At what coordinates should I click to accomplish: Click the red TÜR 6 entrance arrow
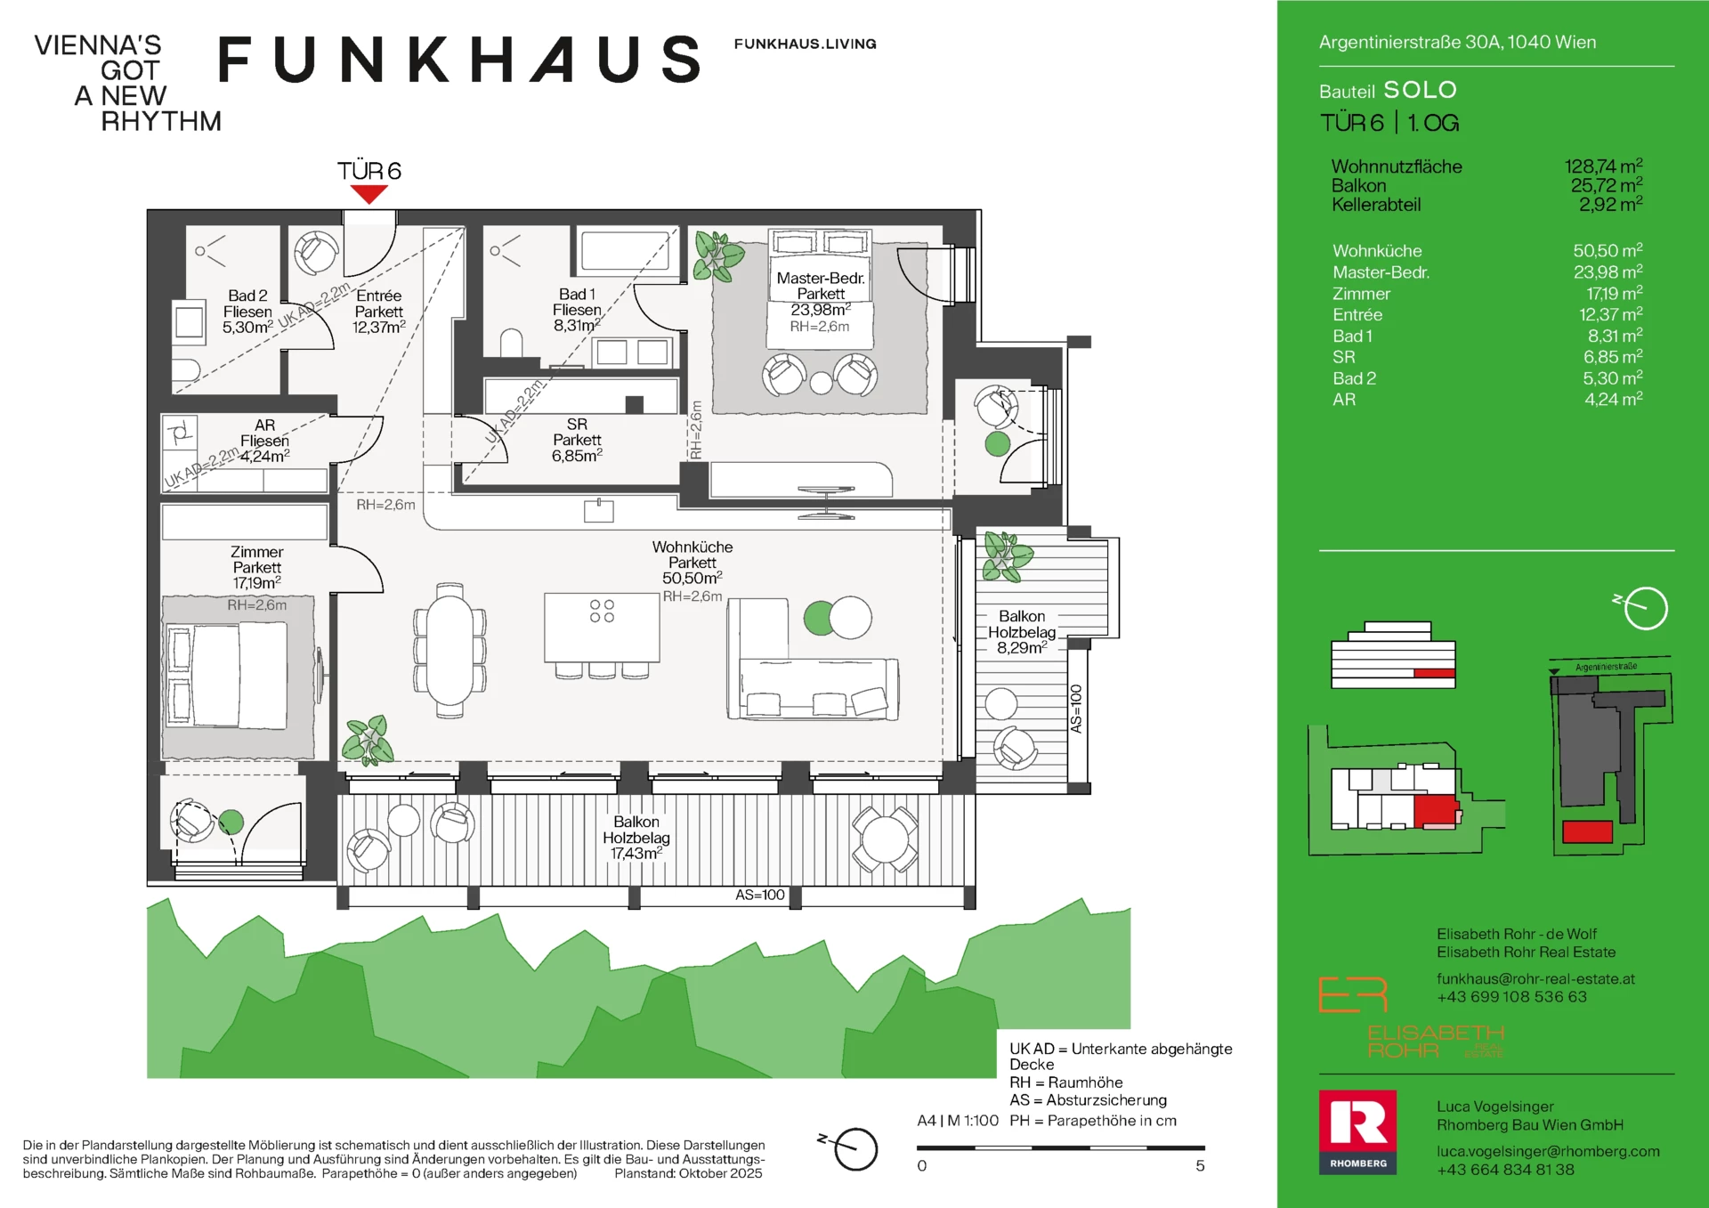pyautogui.click(x=369, y=194)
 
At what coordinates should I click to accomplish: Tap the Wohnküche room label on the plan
pyautogui.click(x=693, y=547)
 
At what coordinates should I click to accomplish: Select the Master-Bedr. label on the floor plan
pyautogui.click(x=821, y=278)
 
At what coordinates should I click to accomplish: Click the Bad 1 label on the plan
pyautogui.click(x=577, y=294)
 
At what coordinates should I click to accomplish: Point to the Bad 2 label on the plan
pyautogui.click(x=247, y=296)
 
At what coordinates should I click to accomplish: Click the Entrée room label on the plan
pyautogui.click(x=379, y=296)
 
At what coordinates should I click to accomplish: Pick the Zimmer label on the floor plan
pyautogui.click(x=257, y=552)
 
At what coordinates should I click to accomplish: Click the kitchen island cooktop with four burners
pyautogui.click(x=602, y=611)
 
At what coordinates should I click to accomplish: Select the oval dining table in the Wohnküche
pyautogui.click(x=450, y=651)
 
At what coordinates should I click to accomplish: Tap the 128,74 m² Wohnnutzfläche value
pyautogui.click(x=1604, y=166)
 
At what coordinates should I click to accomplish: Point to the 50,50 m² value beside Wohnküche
pyautogui.click(x=1608, y=250)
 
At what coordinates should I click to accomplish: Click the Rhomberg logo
pyautogui.click(x=1357, y=1132)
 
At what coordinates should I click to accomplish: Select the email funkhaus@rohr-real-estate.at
pyautogui.click(x=1535, y=978)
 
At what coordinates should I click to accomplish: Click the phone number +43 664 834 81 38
pyautogui.click(x=1505, y=1170)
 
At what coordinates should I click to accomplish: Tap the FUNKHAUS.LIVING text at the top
pyautogui.click(x=806, y=44)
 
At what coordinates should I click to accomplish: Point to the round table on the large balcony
pyautogui.click(x=885, y=839)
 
